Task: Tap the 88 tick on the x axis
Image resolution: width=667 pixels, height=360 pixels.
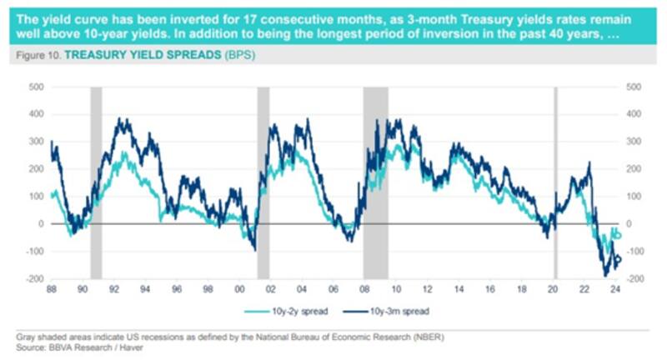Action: click(53, 289)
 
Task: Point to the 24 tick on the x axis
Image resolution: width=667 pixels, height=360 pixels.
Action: click(614, 289)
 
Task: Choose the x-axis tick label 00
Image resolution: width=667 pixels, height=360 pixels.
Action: click(240, 289)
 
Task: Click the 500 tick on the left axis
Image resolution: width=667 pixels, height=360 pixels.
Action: click(35, 87)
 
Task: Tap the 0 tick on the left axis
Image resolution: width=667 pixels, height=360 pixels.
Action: click(40, 224)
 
